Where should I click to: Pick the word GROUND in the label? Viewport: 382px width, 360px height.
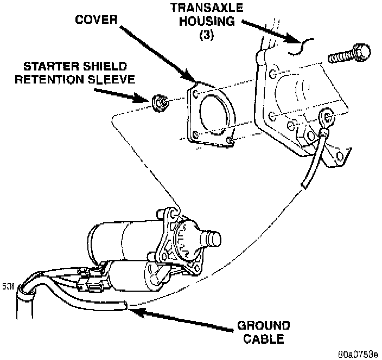[x=263, y=327]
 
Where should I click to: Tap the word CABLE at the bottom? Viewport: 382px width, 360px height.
[x=264, y=339]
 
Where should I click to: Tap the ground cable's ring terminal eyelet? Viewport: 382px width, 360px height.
[x=326, y=115]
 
